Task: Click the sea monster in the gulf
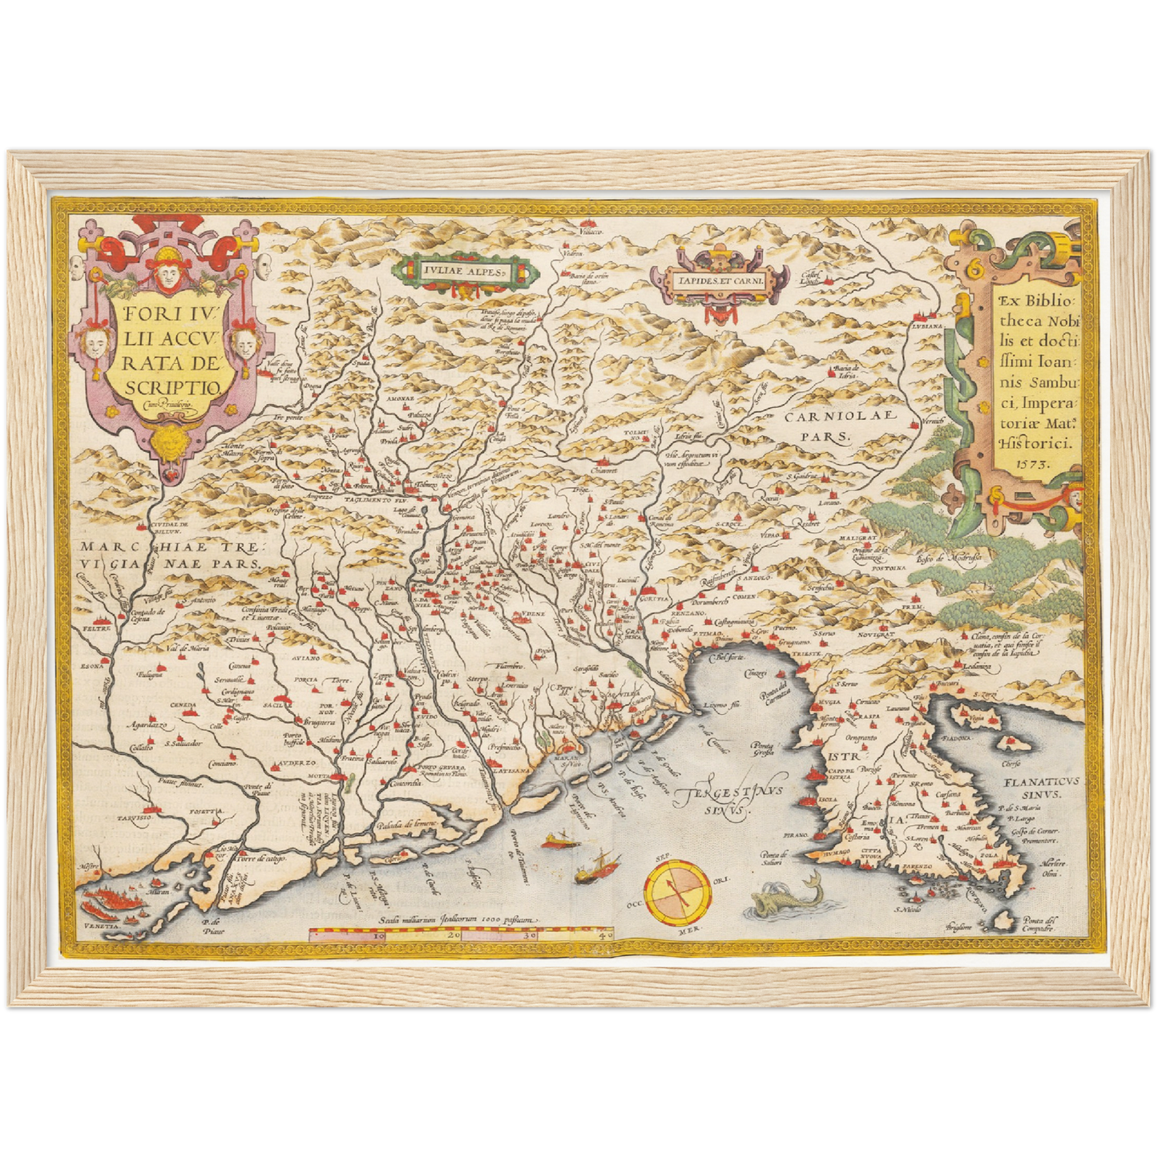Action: tap(782, 897)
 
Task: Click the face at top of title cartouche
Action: tap(167, 275)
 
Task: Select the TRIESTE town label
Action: tap(807, 654)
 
